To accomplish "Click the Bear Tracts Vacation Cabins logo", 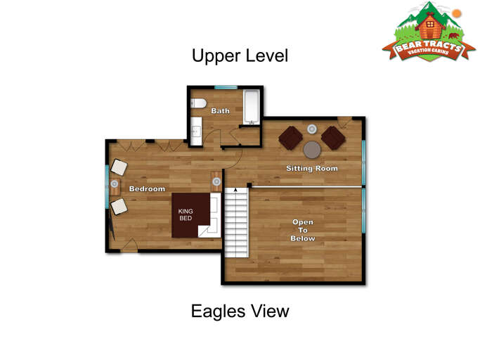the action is pos(429,32).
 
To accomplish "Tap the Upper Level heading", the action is pos(240,56).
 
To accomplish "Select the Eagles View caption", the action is pos(240,311).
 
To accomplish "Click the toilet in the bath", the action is pos(198,103).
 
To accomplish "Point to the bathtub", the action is pos(252,107).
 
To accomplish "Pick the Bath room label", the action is pos(221,110).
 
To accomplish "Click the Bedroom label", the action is pos(147,188).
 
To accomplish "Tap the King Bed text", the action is pos(186,214).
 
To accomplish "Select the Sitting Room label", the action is pos(312,168).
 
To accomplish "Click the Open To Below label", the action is pos(303,230).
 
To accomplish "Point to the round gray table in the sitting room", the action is pos(312,150).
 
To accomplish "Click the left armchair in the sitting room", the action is pos(291,138).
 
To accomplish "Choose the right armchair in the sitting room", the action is pos(333,138).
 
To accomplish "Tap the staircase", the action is pos(236,222).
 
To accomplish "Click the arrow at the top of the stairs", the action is pos(235,190).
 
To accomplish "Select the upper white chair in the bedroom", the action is pos(119,167).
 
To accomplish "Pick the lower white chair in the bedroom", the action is pos(119,207).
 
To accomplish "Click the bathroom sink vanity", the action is pos(196,131).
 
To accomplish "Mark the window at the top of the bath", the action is pos(226,87).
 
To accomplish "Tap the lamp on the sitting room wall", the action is pos(312,129).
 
